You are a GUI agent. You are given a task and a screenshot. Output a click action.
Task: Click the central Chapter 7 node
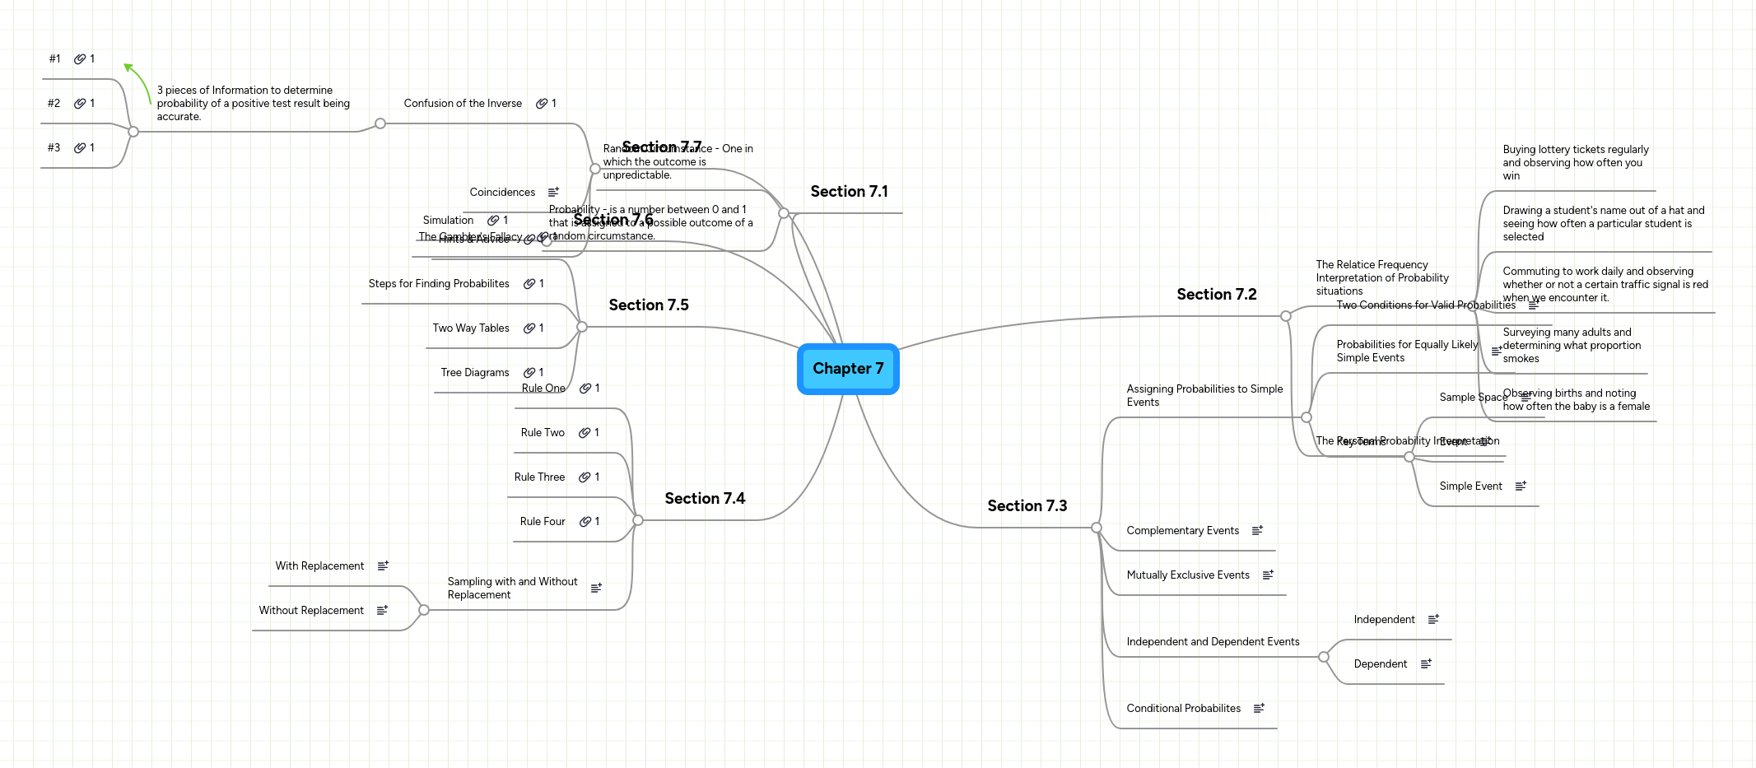click(848, 369)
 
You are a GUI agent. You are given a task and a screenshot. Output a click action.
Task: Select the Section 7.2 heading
click(1216, 295)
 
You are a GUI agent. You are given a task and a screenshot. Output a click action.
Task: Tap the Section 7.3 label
click(1027, 506)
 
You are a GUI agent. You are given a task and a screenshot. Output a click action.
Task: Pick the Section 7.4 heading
click(705, 499)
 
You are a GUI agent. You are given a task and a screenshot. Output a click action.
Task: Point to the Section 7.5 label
click(648, 305)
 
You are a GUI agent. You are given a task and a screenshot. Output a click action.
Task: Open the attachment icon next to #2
click(80, 104)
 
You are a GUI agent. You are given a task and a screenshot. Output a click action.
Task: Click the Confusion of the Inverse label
click(463, 104)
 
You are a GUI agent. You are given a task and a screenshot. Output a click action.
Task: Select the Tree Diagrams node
click(475, 373)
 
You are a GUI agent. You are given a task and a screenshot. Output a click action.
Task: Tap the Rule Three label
click(539, 477)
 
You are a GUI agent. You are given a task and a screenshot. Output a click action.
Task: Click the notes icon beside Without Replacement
click(382, 611)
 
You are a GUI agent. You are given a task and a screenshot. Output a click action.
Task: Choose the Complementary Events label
click(1182, 531)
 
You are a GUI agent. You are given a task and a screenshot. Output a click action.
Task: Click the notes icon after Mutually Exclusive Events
click(1268, 575)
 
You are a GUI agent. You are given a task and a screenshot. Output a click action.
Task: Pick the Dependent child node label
click(1380, 664)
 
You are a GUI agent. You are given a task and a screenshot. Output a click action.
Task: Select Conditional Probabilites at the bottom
click(1183, 709)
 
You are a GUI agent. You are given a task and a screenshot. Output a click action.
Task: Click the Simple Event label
click(1470, 486)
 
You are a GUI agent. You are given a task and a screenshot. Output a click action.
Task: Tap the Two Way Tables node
click(471, 328)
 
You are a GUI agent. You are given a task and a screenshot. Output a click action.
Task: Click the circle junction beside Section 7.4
click(638, 520)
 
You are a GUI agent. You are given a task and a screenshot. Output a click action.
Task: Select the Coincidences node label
click(502, 193)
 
